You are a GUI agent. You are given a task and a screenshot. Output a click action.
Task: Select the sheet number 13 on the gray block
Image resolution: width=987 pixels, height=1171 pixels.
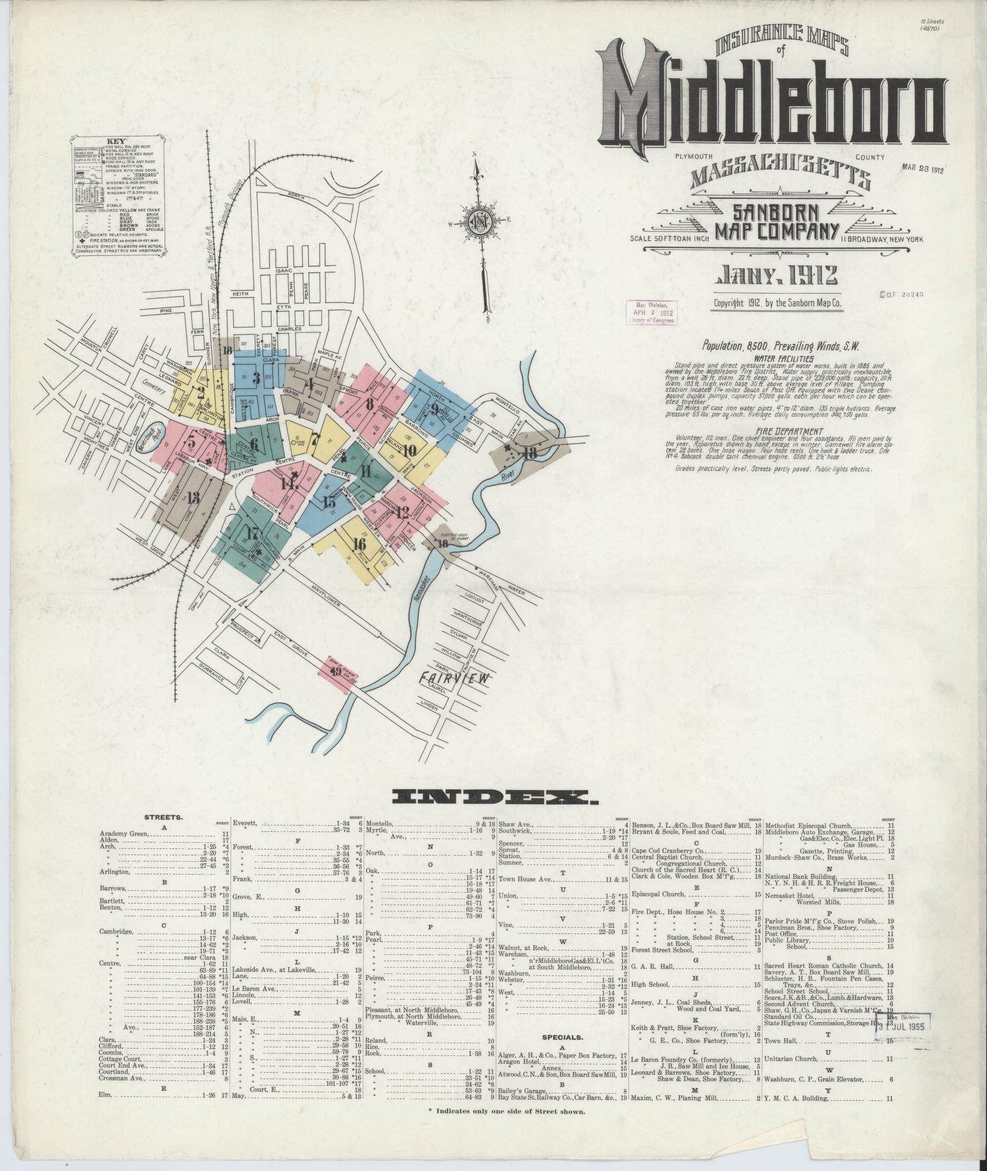[x=193, y=497]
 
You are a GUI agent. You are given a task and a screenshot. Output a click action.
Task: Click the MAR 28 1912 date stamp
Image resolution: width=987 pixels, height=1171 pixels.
[x=923, y=170]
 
